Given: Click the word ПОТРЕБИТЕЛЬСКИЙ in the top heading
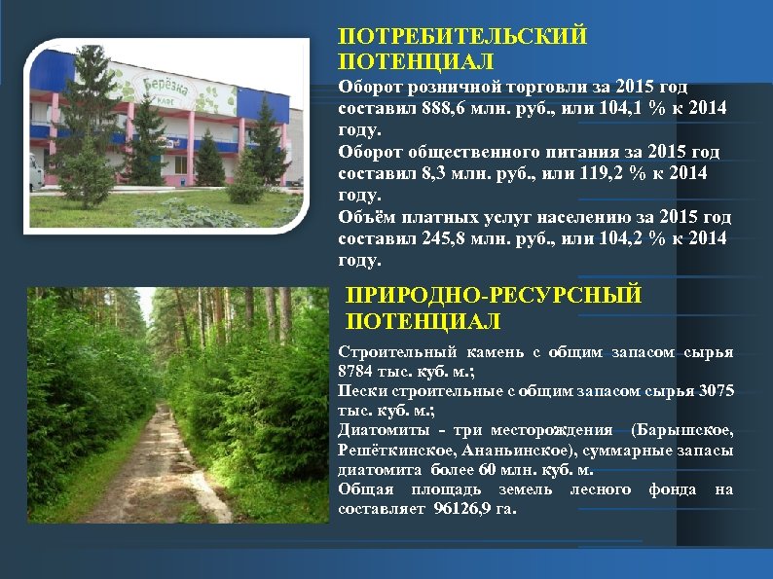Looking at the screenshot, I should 462,37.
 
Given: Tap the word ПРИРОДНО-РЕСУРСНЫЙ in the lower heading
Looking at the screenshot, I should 495,296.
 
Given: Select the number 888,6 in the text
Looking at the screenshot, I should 453,107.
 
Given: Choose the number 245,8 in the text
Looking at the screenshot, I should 453,238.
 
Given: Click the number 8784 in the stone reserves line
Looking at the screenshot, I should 357,372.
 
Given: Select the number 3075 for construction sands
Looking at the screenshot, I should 712,391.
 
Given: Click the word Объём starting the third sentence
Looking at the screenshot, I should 365,217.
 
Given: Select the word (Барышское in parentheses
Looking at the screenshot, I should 682,430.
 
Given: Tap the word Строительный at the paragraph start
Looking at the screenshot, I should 386,351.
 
